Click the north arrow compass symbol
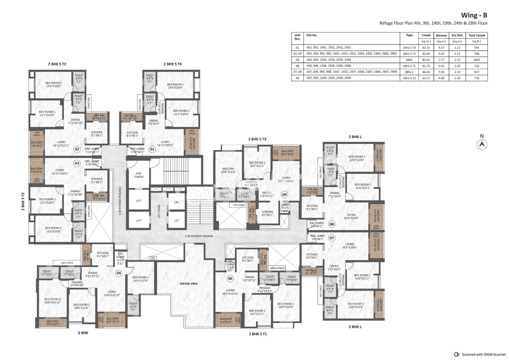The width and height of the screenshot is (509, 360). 482,145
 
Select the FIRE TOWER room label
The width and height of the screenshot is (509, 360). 138,175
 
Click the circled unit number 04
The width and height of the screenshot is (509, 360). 119,273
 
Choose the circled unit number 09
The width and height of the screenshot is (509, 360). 284,195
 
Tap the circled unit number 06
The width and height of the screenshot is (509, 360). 230,278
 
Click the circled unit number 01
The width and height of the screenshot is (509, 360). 152,149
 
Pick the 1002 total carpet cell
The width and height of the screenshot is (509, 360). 477,59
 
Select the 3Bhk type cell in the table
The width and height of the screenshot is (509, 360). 409,59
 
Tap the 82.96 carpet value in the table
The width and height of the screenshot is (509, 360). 426,59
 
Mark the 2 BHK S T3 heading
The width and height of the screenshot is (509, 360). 257,139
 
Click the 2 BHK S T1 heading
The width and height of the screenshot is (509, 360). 258,334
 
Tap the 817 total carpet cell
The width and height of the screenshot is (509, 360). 477,72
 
